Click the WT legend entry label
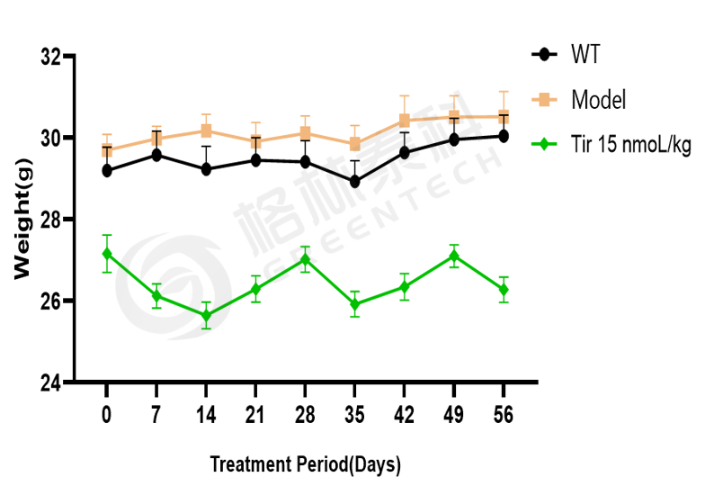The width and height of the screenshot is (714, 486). tap(585, 55)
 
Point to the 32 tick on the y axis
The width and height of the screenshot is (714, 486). tap(51, 57)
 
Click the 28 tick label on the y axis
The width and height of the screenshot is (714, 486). tap(51, 220)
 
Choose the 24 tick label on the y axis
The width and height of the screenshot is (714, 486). tap(51, 382)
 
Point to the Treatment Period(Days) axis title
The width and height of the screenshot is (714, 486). tap(305, 464)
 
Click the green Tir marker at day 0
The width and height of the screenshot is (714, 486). tap(107, 254)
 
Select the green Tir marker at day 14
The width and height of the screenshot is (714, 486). tap(206, 315)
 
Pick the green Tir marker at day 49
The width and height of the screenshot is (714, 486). tap(454, 256)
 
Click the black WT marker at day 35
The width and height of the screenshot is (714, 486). tap(355, 182)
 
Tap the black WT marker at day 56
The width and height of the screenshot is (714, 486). tap(504, 136)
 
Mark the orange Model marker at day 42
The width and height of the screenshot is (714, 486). tap(405, 121)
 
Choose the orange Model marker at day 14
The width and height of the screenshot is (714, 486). tap(206, 130)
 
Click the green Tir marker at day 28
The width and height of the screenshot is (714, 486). tap(305, 259)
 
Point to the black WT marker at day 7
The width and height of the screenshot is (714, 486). tap(156, 155)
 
